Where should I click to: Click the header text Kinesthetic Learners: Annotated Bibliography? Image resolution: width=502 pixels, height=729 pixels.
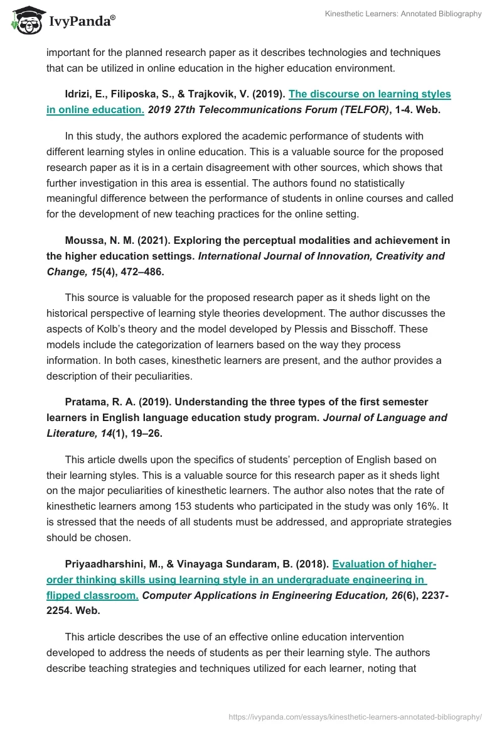point(403,14)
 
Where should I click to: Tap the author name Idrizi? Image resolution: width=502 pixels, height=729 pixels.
point(79,94)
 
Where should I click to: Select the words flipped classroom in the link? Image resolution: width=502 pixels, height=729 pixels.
point(92,595)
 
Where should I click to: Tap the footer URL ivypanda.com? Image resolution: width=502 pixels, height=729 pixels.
point(355,716)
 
